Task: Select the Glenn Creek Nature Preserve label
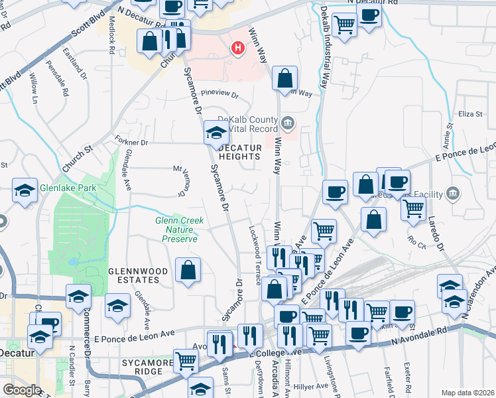tap(179, 230)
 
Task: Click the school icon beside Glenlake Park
tap(25, 190)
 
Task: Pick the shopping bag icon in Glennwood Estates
tap(188, 269)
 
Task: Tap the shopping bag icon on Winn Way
tap(284, 78)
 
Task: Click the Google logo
tap(22, 390)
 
